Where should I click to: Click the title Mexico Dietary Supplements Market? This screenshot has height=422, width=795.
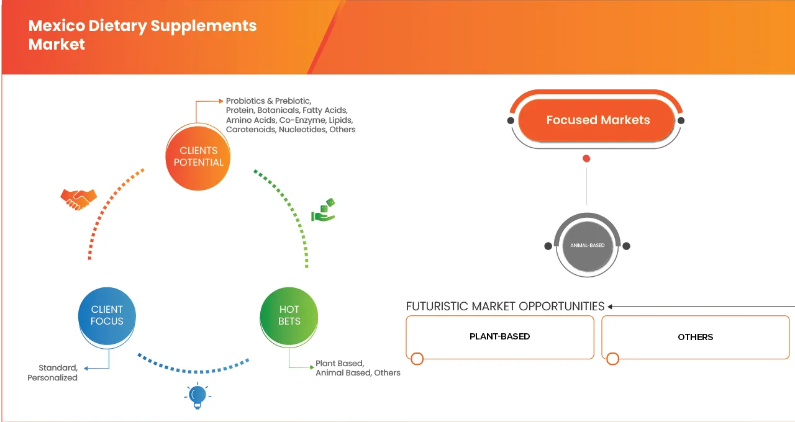click(x=142, y=35)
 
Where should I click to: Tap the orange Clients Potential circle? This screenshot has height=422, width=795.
click(x=198, y=156)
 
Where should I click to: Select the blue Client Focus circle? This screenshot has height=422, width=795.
click(x=107, y=315)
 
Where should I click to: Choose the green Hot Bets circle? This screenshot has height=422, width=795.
click(x=289, y=315)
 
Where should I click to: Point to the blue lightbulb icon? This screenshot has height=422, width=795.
click(x=198, y=395)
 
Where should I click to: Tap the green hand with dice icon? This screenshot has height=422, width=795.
click(x=324, y=210)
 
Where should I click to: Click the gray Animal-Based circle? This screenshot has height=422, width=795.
click(x=587, y=246)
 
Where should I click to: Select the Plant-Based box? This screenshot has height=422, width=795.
click(x=500, y=337)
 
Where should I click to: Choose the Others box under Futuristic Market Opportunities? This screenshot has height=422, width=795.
click(x=696, y=337)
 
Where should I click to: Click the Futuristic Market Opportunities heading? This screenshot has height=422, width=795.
click(x=505, y=306)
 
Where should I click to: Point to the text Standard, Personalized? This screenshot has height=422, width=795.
click(x=52, y=372)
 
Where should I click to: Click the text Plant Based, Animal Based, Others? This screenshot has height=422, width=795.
click(x=358, y=368)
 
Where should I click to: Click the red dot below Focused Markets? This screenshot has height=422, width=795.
click(x=586, y=159)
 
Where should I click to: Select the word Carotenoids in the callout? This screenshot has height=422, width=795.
click(x=250, y=130)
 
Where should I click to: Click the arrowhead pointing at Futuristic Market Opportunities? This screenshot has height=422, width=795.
click(x=611, y=307)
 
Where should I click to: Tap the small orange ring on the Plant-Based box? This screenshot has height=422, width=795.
click(x=417, y=359)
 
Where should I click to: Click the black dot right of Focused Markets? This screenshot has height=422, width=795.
click(x=681, y=120)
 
